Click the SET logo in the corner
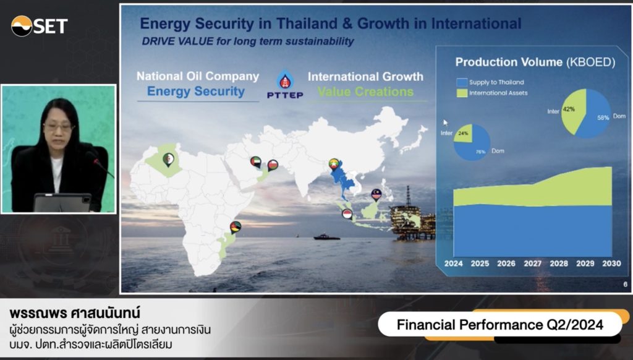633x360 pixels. pos(39,26)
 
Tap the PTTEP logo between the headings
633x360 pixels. pos(285,85)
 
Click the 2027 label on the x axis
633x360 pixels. pos(532,264)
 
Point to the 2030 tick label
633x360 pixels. pos(611,264)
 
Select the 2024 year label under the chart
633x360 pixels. pos(453,264)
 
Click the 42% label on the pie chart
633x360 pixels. pos(569,109)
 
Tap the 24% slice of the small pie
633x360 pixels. pos(464,134)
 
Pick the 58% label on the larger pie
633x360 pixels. pos(603,118)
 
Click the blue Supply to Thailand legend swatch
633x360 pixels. pos(462,82)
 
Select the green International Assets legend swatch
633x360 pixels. pos(462,93)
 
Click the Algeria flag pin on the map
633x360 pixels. pos(168,160)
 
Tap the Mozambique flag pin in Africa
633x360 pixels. pos(236,227)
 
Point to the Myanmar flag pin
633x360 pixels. pos(333,164)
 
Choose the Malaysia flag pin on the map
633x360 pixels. pos(376,195)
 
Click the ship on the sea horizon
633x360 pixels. pos(327,236)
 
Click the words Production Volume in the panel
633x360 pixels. pos(509,62)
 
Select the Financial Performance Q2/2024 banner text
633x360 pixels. pos(499,325)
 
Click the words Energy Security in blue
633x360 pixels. pos(196,92)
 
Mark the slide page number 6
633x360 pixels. pos(626,285)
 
